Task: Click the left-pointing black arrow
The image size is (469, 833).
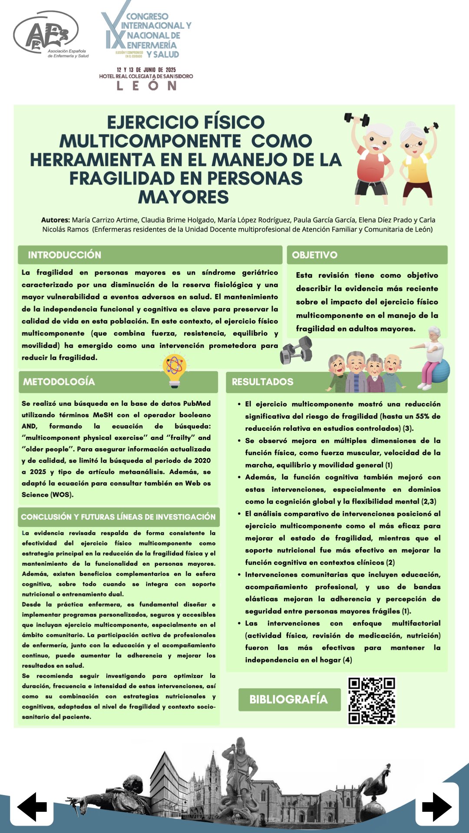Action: coord(32,807)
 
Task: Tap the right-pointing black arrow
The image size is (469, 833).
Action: coord(437,807)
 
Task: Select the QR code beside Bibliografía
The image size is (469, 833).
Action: coord(372,701)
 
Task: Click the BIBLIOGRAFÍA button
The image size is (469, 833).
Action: coord(289,699)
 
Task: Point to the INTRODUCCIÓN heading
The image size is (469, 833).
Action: coord(64,255)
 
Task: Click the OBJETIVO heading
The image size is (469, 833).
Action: coord(314,255)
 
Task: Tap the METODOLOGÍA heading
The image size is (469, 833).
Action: coord(59,382)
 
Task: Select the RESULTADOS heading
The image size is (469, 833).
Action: coord(262,382)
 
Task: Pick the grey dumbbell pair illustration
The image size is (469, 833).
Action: coord(296,351)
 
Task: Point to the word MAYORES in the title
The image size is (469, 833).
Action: coord(183,197)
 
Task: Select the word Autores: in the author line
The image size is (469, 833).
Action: coord(55,220)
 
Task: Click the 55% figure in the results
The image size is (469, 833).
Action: coord(422,416)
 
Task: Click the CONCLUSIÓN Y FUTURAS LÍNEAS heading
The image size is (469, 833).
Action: coord(118,517)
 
